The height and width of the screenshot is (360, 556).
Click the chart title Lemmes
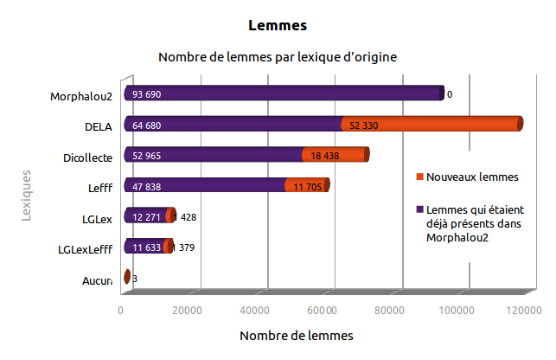pyautogui.click(x=278, y=25)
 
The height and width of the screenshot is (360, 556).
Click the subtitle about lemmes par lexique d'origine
pyautogui.click(x=278, y=58)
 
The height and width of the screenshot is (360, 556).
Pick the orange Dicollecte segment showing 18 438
pyautogui.click(x=336, y=156)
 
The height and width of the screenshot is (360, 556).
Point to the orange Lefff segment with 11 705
pyautogui.click(x=306, y=186)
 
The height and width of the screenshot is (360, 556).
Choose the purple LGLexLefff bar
pyautogui.click(x=145, y=247)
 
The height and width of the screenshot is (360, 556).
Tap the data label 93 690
pyautogui.click(x=147, y=94)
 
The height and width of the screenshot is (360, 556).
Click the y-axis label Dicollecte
pyautogui.click(x=88, y=157)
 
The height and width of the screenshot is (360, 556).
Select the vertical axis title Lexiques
pyautogui.click(x=27, y=196)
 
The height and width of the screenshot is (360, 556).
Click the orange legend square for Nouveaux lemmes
pyautogui.click(x=419, y=177)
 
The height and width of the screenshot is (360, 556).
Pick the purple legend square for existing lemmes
pyautogui.click(x=419, y=209)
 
